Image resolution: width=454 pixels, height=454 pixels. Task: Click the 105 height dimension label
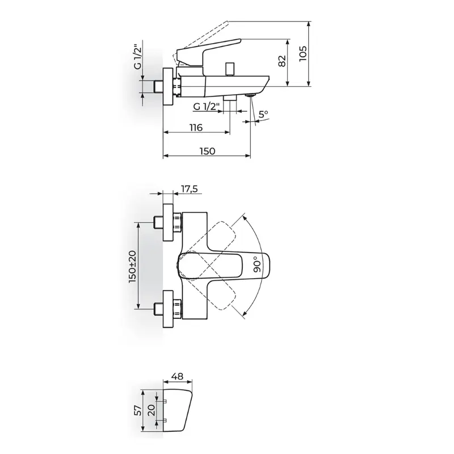303,53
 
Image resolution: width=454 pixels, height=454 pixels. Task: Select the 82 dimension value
282,61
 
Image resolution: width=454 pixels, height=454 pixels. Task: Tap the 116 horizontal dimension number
196,127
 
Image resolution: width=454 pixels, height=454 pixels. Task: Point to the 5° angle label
263,114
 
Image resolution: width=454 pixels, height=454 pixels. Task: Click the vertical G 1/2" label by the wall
138,55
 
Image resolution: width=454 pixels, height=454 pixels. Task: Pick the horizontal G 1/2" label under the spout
207,107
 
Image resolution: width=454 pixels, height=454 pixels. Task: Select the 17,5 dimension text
190,189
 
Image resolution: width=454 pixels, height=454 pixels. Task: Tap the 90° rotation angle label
257,264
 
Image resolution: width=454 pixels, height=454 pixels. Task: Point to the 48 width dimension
177,376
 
